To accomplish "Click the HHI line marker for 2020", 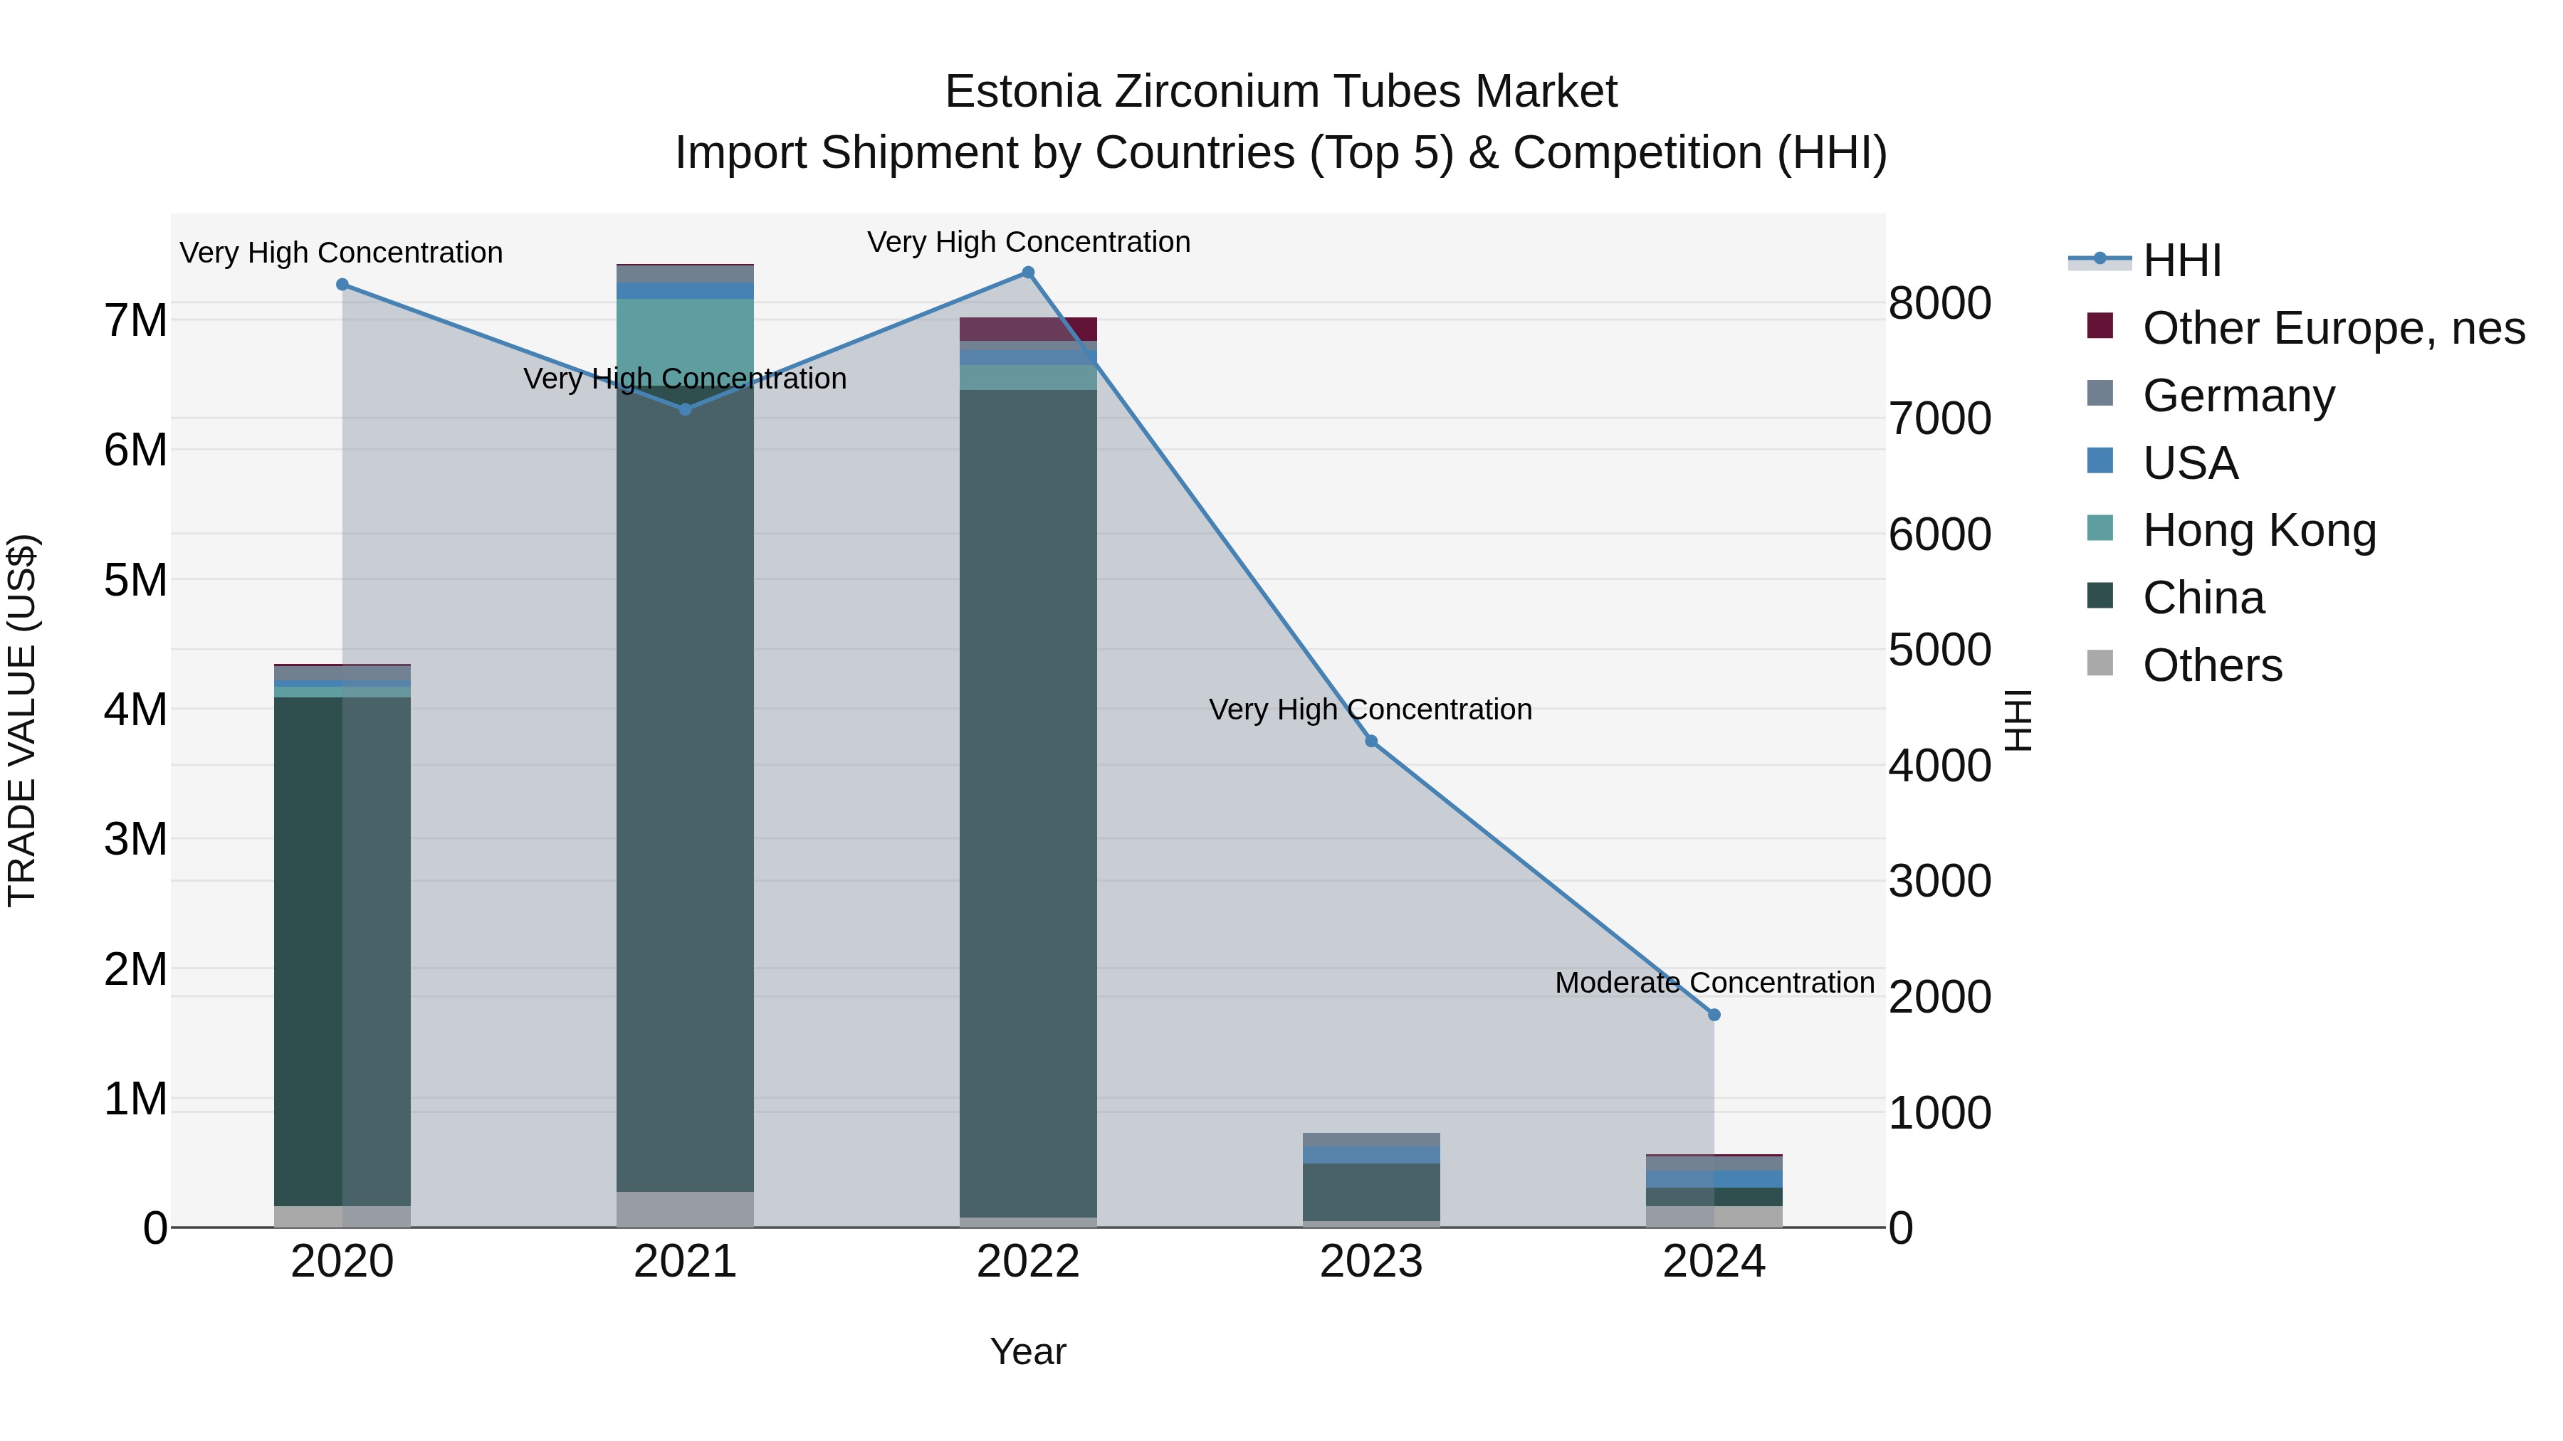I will click(342, 285).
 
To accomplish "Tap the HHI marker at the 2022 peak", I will click(1028, 273).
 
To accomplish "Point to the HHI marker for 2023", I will click(1371, 741).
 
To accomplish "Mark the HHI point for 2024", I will click(1714, 1014).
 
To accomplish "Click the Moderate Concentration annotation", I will click(1714, 983).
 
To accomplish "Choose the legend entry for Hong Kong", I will click(2258, 530).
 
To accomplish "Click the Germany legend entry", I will click(2238, 395).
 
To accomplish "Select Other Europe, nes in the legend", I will click(2333, 328).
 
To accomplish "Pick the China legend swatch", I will click(2100, 597).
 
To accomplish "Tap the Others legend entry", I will click(2212, 665).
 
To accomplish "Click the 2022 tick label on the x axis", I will click(1028, 1262).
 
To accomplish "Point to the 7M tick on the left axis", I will click(136, 320).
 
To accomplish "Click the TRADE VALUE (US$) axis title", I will click(23, 720).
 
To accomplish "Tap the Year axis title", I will click(1028, 1351).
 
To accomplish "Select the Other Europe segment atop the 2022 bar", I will click(1028, 329).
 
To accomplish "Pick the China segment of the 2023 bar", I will click(1371, 1191).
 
